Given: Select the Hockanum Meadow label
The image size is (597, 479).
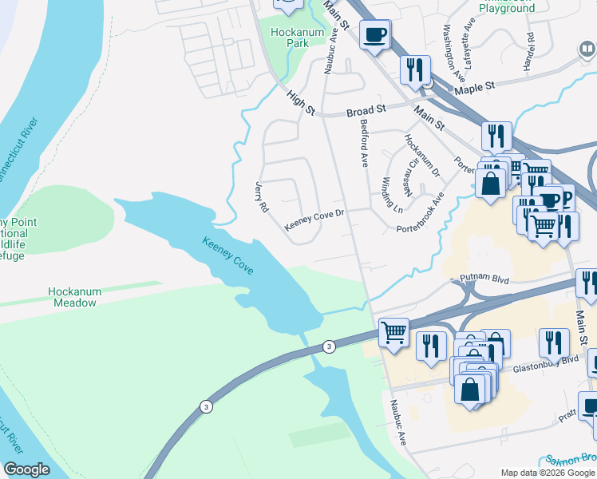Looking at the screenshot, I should pos(75,297).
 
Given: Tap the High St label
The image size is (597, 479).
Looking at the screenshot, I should pos(301,101).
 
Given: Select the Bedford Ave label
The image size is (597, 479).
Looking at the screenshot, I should pos(364,144).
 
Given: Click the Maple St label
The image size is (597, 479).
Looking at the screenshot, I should pos(475,86).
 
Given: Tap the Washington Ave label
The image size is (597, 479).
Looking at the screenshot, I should pos(452,46).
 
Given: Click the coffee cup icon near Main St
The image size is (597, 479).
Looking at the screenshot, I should pos(374,34).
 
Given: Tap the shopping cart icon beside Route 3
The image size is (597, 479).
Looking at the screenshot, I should pos(393,332).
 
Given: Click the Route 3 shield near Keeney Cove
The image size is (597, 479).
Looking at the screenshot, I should pos(328,346).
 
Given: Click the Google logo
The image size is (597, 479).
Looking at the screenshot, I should pos(27,469).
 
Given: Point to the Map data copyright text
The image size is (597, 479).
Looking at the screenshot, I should pos(547,473).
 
